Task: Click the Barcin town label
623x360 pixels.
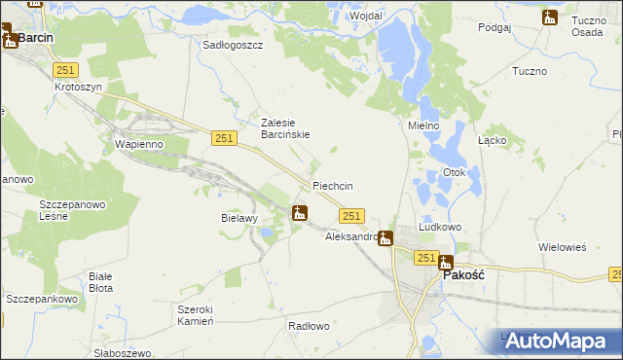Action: (x=35, y=37)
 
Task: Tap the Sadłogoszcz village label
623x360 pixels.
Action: (x=233, y=45)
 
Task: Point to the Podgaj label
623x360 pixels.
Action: (x=495, y=28)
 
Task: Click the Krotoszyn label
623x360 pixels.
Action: (x=78, y=87)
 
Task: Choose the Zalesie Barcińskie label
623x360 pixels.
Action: (x=285, y=128)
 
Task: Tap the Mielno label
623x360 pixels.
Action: (x=423, y=126)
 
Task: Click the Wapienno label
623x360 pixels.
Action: (x=138, y=144)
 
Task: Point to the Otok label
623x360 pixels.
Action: (x=455, y=173)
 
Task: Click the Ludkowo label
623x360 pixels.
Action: (x=439, y=227)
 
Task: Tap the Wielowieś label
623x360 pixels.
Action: (x=563, y=247)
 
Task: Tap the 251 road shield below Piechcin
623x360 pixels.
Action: (x=352, y=216)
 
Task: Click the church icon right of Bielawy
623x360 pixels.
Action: (x=300, y=213)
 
